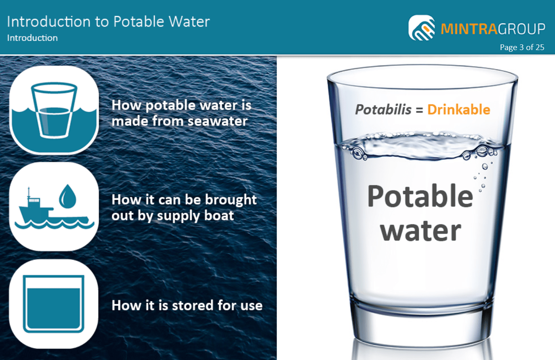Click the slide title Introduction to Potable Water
pos(108,22)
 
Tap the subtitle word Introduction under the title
pos(32,38)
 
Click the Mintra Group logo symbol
pos(422,28)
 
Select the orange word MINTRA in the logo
pos(469,29)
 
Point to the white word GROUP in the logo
pos(521,29)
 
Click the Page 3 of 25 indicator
pos(522,47)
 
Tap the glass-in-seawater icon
pos(54,110)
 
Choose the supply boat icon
pos(54,206)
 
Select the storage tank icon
pos(54,303)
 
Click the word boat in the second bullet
pos(219,216)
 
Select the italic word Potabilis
pos(383,110)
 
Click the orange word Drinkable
pos(458,110)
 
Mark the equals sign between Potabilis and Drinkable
pos(419,110)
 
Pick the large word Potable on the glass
pos(420,197)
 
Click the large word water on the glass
pos(420,231)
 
